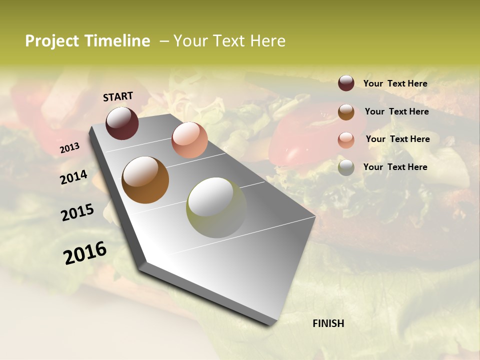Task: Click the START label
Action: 118,96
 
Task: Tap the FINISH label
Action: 328,323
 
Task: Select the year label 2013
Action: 69,148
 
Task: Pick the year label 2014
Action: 74,177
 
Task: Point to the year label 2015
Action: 77,212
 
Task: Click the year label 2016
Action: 85,253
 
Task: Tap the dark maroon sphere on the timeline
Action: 122,123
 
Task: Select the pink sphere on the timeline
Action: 189,140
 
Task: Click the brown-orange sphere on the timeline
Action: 145,180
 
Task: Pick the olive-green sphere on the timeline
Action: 216,207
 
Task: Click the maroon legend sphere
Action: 346,83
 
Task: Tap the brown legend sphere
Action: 346,111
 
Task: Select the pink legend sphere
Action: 346,139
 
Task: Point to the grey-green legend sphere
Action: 346,167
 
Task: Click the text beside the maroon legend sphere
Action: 395,83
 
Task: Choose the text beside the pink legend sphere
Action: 397,139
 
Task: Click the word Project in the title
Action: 52,41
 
